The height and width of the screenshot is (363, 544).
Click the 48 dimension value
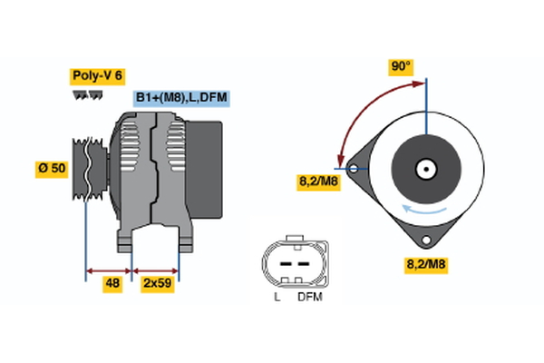click(112, 284)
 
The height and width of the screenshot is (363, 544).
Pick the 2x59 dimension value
click(157, 284)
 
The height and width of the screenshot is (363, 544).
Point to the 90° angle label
click(401, 66)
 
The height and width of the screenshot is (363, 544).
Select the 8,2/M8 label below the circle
click(424, 265)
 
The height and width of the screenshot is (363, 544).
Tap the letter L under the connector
click(277, 297)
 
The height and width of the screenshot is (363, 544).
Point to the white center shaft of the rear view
click(424, 169)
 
